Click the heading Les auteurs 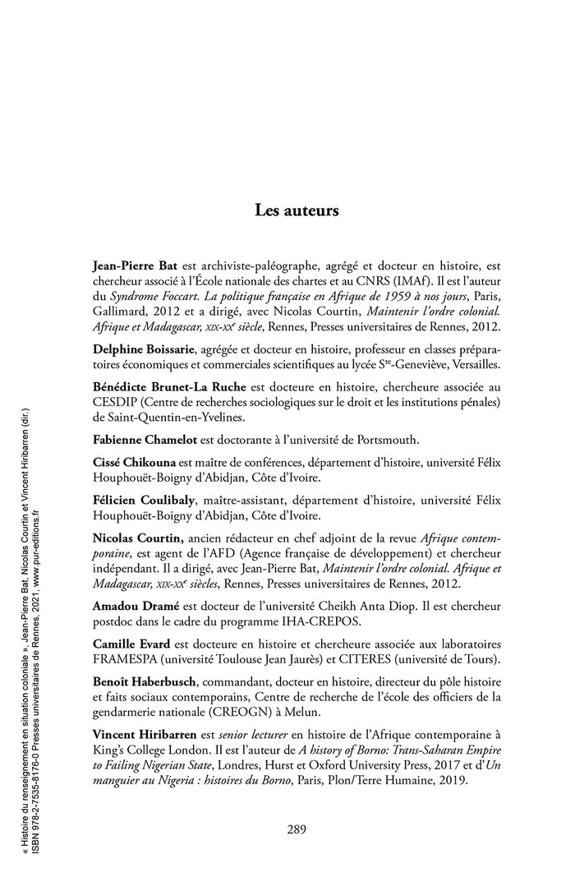pos(297,210)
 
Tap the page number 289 pos(297,829)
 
